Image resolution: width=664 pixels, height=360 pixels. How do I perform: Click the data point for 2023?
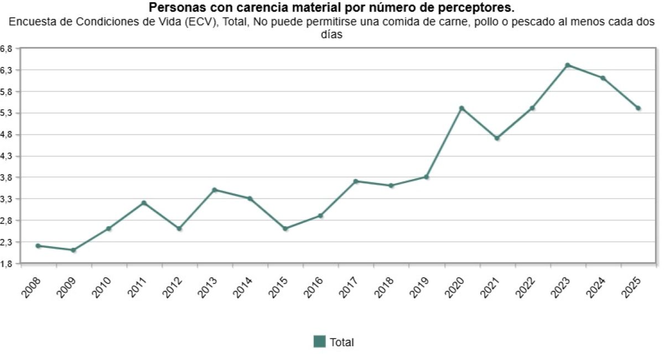click(567, 65)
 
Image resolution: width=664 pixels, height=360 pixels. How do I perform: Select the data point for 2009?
click(73, 250)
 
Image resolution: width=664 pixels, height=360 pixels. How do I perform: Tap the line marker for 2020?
click(461, 108)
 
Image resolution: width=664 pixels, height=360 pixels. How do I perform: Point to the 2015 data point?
click(285, 228)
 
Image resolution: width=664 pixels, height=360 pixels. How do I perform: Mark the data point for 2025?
click(638, 108)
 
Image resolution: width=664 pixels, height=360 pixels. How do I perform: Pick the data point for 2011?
click(144, 203)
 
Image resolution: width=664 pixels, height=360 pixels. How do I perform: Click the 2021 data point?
click(497, 138)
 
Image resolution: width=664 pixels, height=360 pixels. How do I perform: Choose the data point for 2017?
click(356, 181)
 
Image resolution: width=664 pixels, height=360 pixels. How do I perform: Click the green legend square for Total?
click(319, 342)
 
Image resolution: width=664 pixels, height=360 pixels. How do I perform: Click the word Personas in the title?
click(172, 8)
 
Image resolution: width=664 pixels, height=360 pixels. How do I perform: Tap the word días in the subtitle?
click(332, 34)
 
